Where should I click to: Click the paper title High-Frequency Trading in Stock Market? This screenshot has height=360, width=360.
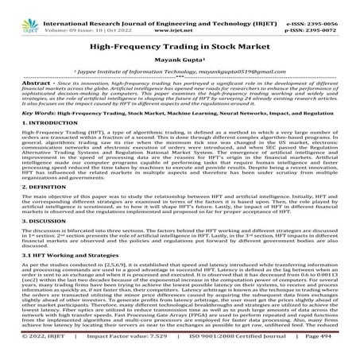tap(180, 48)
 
